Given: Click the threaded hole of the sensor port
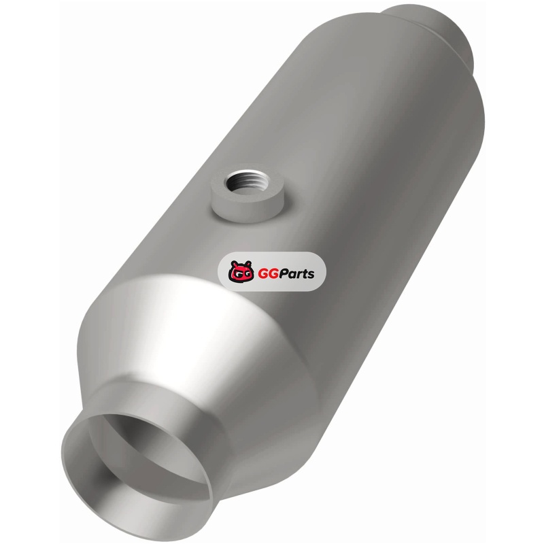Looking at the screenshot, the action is tap(247, 182).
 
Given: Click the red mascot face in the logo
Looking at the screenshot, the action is tap(240, 271).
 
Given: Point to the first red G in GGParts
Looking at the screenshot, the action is tap(263, 274).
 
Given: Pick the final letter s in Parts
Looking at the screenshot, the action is tap(311, 275).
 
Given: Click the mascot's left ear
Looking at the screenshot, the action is tap(233, 264).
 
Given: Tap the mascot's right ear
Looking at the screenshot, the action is tap(248, 263).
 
